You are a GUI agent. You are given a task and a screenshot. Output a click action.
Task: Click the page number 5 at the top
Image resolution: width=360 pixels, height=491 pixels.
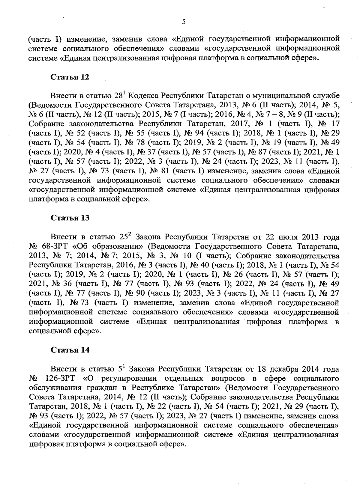(184, 22)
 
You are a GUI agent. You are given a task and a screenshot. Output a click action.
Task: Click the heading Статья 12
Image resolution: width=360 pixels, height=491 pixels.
(70, 77)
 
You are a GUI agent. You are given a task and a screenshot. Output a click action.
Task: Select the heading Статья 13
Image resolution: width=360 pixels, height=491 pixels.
(70, 218)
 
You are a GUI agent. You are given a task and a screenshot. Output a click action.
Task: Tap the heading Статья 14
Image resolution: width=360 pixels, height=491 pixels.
(70, 350)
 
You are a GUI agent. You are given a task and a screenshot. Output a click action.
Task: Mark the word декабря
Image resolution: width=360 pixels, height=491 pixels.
(284, 369)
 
